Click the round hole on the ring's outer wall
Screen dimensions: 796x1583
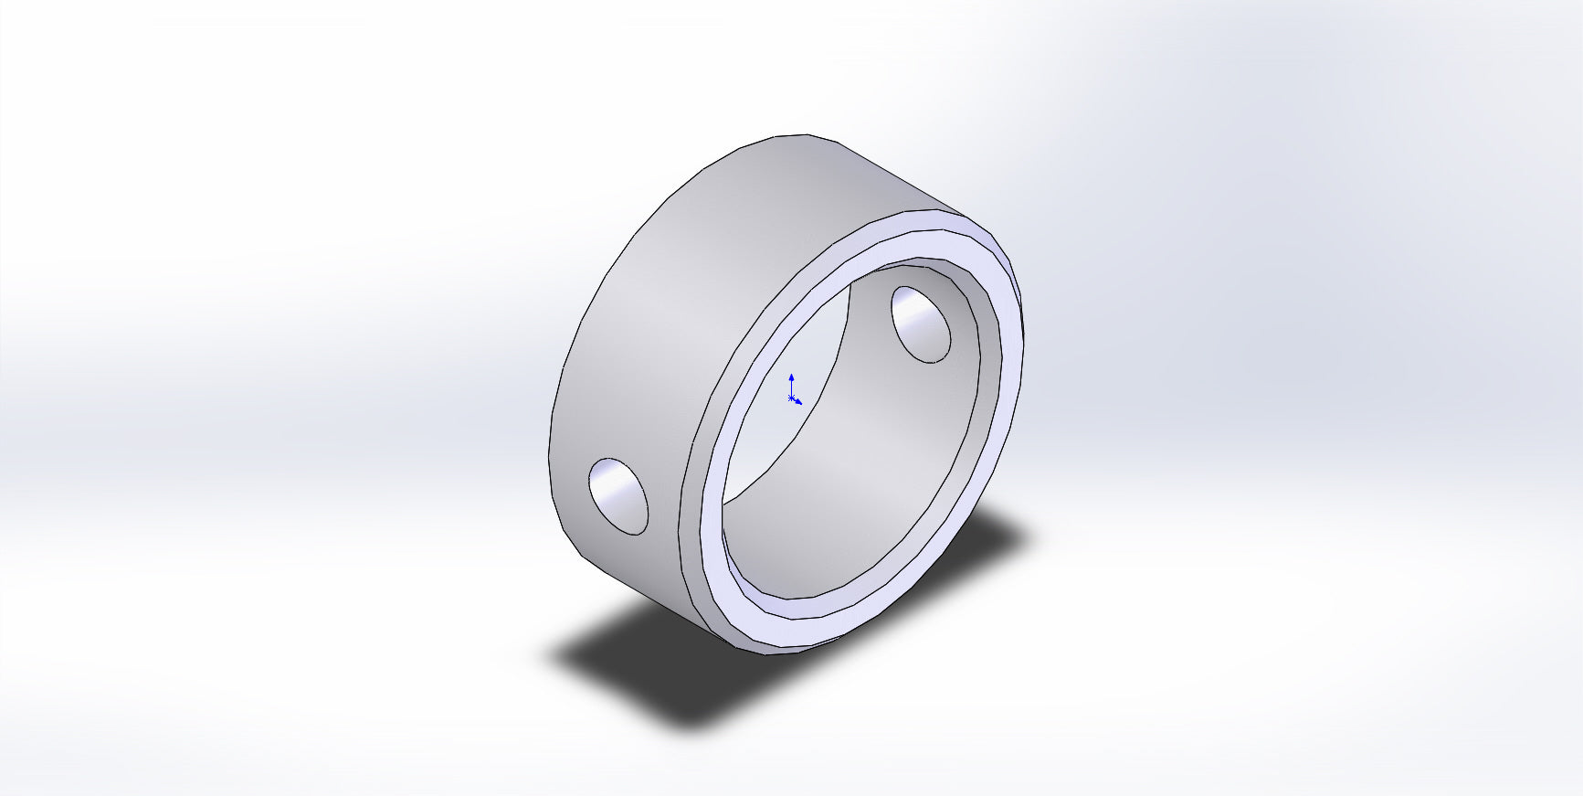pyautogui.click(x=618, y=496)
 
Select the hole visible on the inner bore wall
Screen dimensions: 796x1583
pyautogui.click(x=921, y=325)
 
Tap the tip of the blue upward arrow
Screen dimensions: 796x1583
pyautogui.click(x=791, y=375)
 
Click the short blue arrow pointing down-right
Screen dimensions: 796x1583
pyautogui.click(x=798, y=402)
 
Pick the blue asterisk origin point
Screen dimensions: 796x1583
pyautogui.click(x=791, y=398)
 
